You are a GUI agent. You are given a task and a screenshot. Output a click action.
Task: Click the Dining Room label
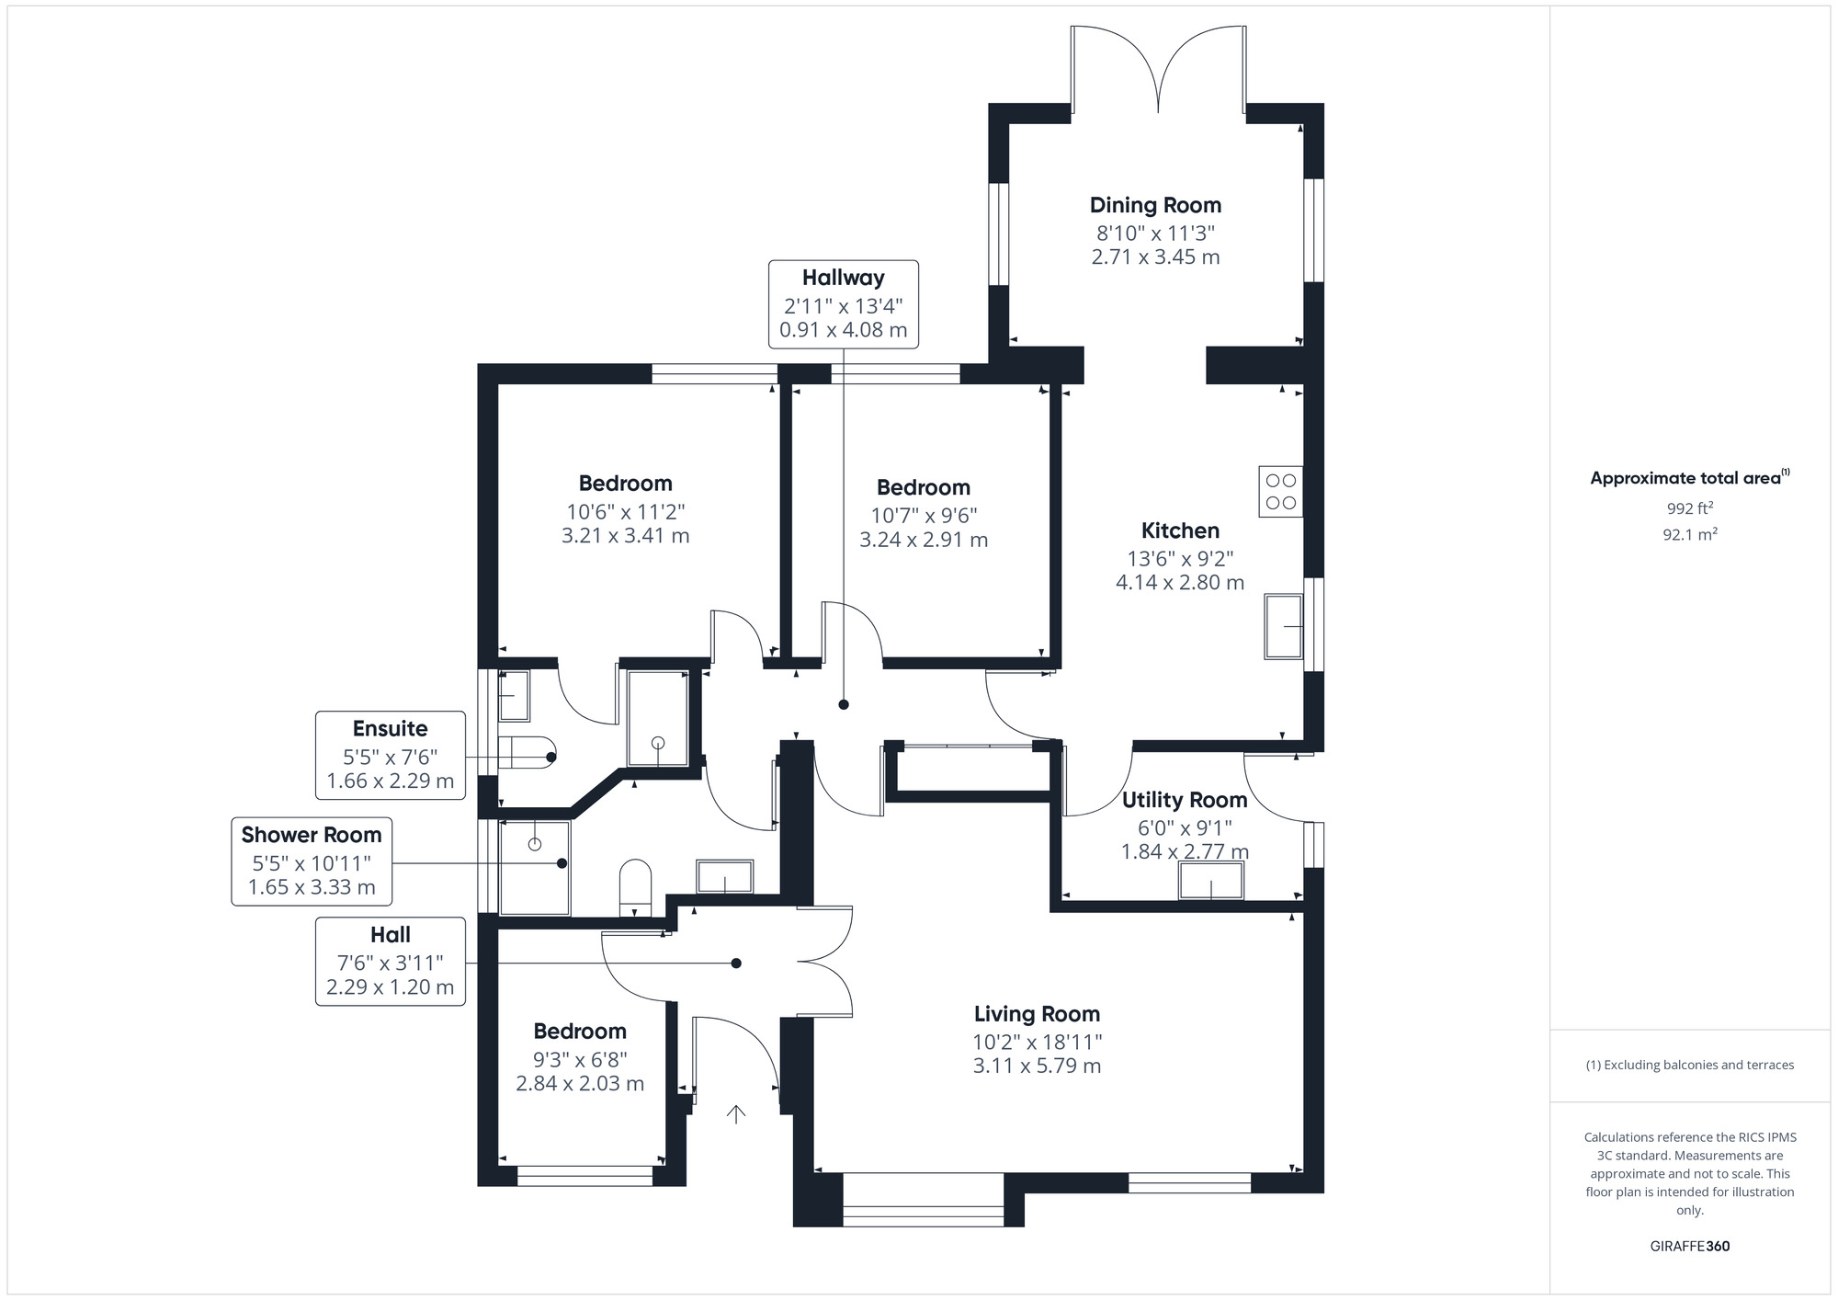(1155, 205)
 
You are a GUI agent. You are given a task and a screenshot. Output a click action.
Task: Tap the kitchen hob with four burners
(1280, 492)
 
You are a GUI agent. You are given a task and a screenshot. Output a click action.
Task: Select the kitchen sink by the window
(1283, 626)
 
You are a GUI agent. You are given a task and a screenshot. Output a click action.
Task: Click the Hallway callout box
(843, 304)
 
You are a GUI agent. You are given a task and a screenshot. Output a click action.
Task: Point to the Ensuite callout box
(391, 755)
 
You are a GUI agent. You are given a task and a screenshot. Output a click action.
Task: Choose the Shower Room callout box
(312, 861)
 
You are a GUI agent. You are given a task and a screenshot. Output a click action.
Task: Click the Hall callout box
(391, 961)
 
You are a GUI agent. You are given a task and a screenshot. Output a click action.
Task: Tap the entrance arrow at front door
(736, 1114)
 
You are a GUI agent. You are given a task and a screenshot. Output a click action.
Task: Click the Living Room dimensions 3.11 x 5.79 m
(1037, 1066)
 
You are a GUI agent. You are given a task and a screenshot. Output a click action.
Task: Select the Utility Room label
(1184, 800)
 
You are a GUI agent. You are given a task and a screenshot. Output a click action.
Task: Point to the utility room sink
(1211, 882)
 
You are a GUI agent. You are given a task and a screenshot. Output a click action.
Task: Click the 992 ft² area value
(1689, 508)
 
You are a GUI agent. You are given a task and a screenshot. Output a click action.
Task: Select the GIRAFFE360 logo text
(1689, 1247)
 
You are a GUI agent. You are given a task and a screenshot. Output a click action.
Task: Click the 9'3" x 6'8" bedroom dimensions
(580, 1059)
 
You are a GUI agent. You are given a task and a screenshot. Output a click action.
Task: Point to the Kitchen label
(1180, 530)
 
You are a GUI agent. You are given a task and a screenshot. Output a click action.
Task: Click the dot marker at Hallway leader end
(844, 705)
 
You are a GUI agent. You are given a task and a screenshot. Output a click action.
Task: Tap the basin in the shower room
(725, 876)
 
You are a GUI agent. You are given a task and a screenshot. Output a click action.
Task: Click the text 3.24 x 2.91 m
(924, 540)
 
